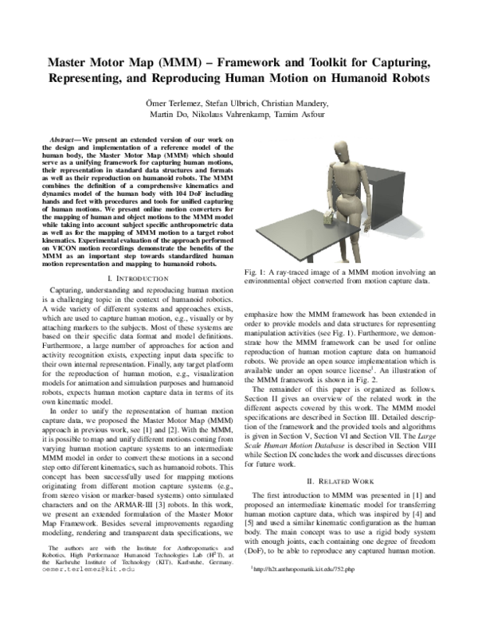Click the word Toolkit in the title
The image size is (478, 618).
click(318, 62)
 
